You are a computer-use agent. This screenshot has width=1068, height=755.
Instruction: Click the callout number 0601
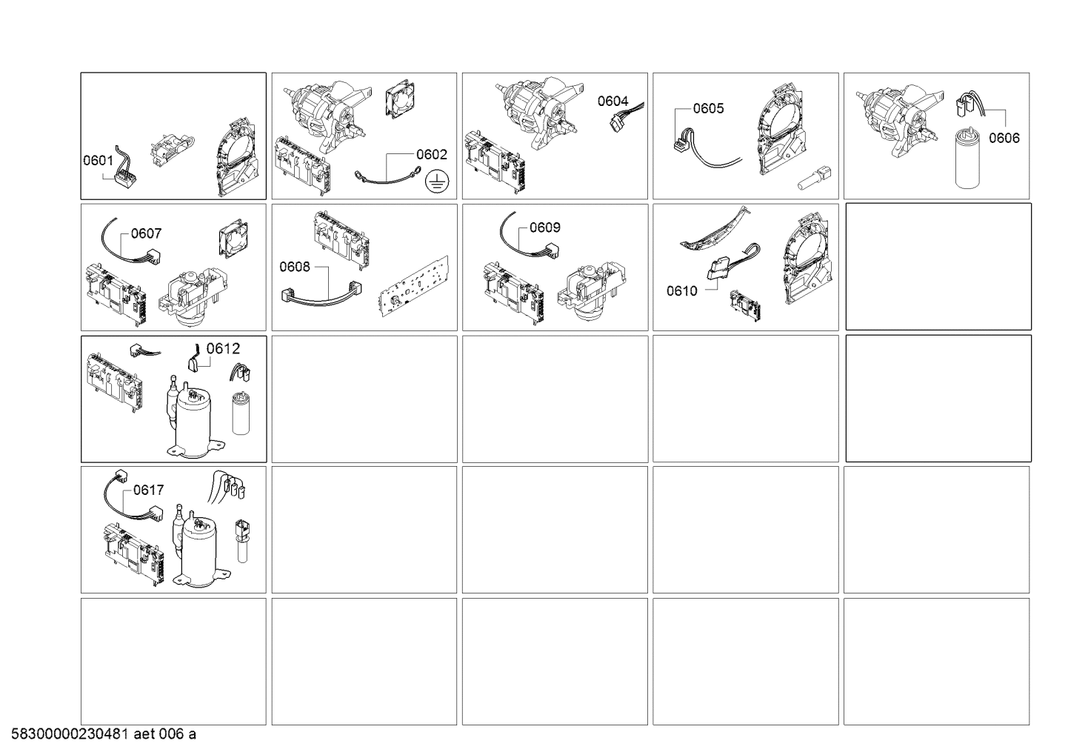tap(99, 160)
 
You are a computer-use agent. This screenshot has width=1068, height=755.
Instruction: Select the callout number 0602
tap(432, 154)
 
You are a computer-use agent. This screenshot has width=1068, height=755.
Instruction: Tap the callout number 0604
tap(613, 101)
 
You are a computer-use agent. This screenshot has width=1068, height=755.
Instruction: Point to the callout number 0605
tap(708, 108)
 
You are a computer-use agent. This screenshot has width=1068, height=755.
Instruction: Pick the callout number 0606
tap(1004, 138)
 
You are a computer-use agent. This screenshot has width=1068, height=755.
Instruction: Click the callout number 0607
tap(146, 233)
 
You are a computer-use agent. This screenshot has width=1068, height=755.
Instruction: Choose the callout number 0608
tap(295, 267)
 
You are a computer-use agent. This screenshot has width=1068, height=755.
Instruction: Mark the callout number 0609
tap(545, 227)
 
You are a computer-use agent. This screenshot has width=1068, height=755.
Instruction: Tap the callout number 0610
tap(682, 290)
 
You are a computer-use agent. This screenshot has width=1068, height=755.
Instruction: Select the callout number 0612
tap(223, 349)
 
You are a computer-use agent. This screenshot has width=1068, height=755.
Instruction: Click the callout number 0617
tap(148, 490)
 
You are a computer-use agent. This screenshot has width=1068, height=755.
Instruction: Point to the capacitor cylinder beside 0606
tap(967, 158)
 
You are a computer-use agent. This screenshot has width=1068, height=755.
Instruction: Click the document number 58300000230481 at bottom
tap(70, 734)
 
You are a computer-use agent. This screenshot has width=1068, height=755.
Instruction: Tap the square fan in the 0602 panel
tap(400, 99)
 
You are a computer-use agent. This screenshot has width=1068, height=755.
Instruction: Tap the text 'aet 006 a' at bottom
tap(165, 734)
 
